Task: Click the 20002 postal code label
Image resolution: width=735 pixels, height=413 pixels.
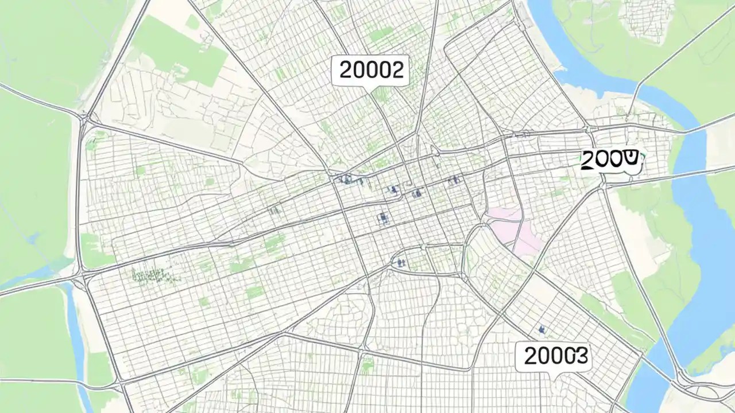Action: pyautogui.click(x=370, y=71)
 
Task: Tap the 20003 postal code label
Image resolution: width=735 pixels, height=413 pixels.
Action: pyautogui.click(x=555, y=357)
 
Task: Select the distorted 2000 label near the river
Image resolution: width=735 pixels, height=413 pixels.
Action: pyautogui.click(x=609, y=159)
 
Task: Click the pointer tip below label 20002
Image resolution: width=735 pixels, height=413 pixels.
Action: pyautogui.click(x=370, y=89)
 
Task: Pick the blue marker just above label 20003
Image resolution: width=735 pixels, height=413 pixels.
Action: pyautogui.click(x=541, y=329)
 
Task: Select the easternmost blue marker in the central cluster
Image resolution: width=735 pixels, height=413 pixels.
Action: pyautogui.click(x=454, y=180)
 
